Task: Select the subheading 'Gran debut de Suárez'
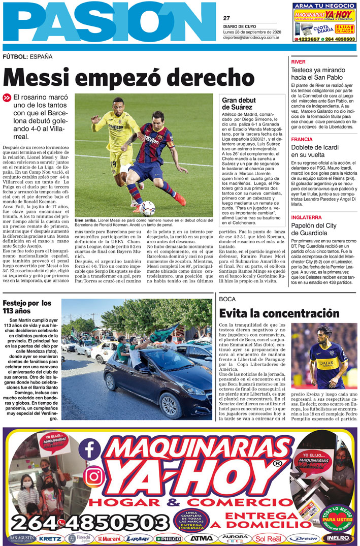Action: click(237, 104)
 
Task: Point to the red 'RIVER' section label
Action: click(298, 61)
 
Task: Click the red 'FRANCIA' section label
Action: click(302, 139)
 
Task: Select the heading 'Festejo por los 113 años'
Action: click(26, 307)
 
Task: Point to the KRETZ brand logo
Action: click(50, 538)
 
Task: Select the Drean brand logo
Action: click(303, 538)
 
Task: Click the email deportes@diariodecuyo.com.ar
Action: click(250, 37)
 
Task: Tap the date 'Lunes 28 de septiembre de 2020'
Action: click(251, 32)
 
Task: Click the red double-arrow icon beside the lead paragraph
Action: click(7, 98)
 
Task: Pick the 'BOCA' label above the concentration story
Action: click(227, 299)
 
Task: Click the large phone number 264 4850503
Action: click(90, 522)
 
